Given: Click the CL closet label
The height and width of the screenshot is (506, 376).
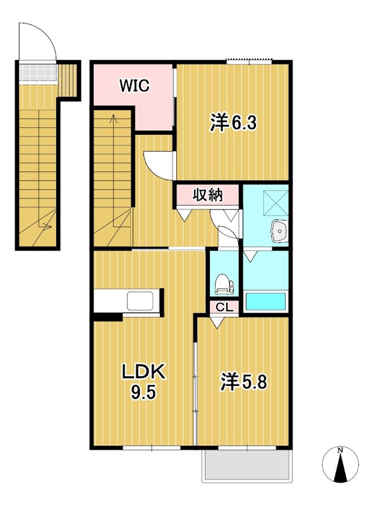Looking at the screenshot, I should pyautogui.click(x=224, y=307).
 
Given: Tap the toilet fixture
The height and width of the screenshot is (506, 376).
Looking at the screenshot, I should pyautogui.click(x=223, y=283).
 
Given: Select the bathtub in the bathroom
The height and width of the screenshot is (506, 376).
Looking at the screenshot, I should pyautogui.click(x=265, y=302).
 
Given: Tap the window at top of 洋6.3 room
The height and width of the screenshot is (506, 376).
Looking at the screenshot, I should pyautogui.click(x=250, y=61).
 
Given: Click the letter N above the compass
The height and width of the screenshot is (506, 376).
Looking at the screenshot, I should pyautogui.click(x=341, y=450).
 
